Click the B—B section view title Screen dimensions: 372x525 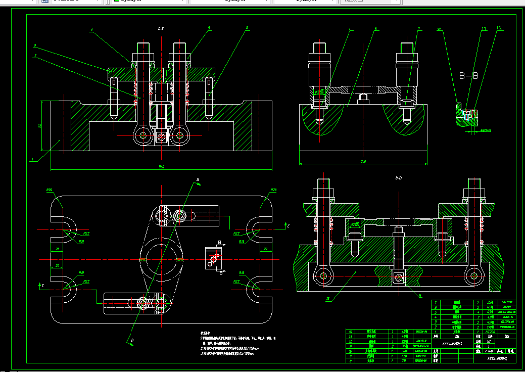coord(468,75)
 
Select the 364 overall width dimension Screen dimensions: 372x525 coord(161,166)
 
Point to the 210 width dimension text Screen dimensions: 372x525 coord(363,162)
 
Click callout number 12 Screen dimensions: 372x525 coord(499,28)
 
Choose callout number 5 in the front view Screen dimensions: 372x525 coord(209,28)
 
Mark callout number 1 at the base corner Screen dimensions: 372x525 coord(32,160)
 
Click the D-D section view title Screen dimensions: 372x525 coord(398,178)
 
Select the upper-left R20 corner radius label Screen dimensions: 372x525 coord(50,190)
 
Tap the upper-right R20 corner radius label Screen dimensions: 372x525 coord(273,190)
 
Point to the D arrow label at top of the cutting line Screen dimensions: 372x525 coord(198,179)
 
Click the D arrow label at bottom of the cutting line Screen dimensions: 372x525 coord(132,341)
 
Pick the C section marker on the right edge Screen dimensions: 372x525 coord(288,223)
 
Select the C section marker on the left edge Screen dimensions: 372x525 coord(43,286)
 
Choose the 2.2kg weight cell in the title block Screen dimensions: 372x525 coord(488,350)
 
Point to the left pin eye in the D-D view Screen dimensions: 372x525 coord(320,276)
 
